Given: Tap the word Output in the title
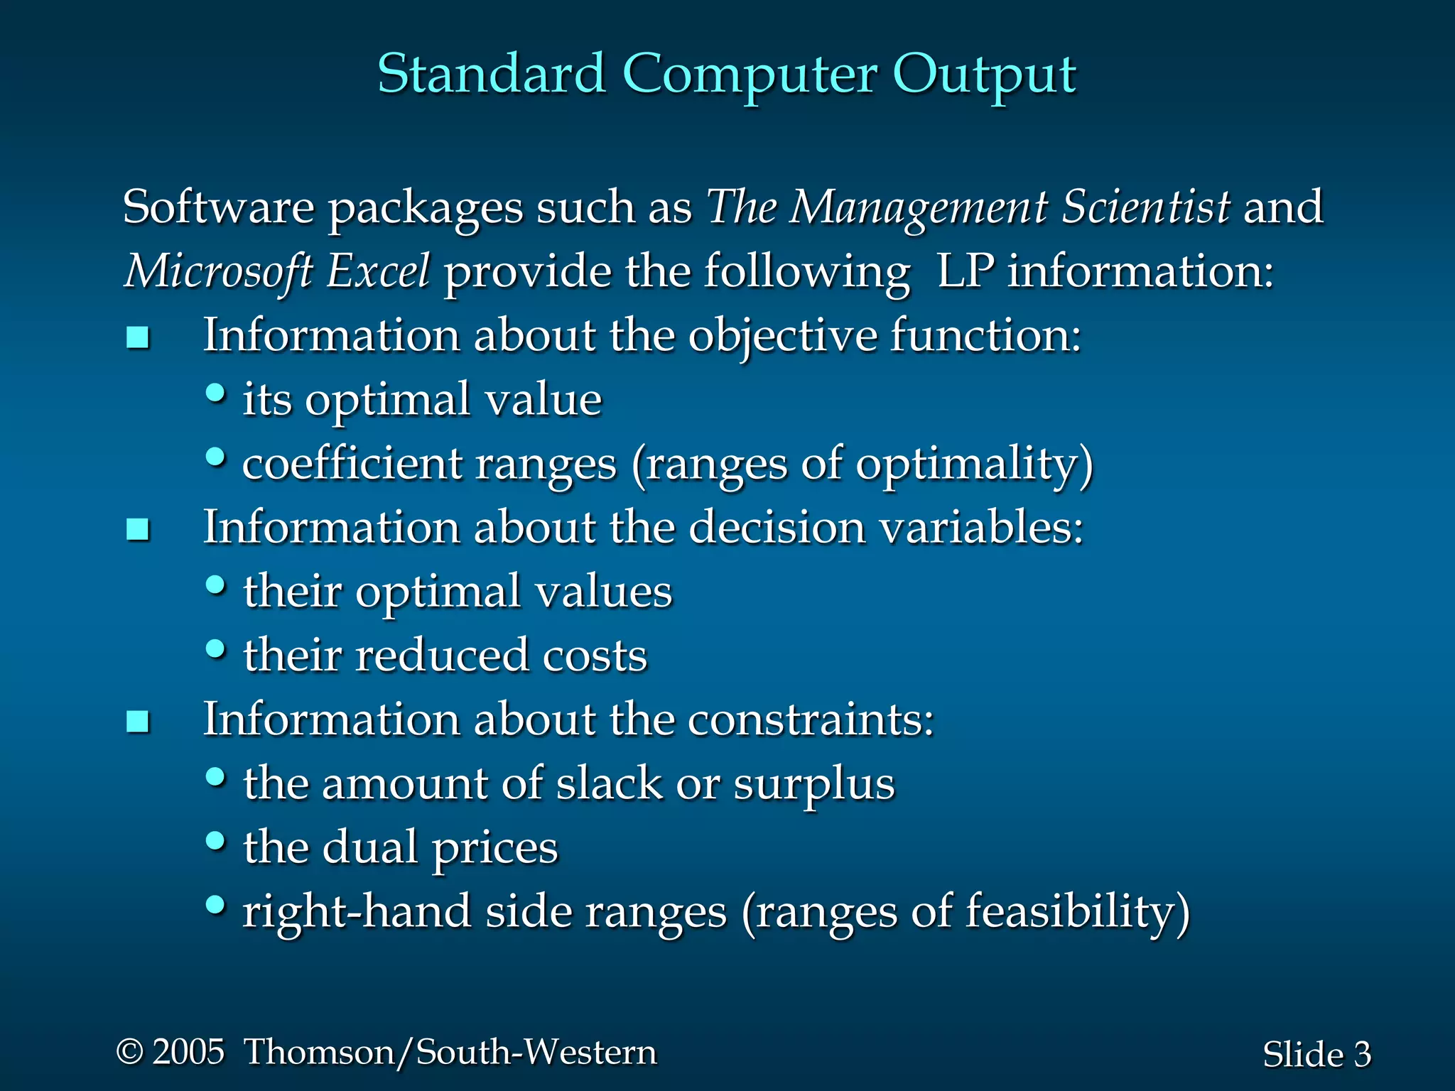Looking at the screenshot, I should pyautogui.click(x=984, y=75).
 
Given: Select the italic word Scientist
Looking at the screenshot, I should pyautogui.click(x=1145, y=207).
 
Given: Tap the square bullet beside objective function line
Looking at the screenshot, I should pyautogui.click(x=138, y=337).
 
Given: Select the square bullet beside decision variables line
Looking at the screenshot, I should pyautogui.click(x=138, y=529).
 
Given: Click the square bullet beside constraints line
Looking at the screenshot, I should pyautogui.click(x=138, y=722).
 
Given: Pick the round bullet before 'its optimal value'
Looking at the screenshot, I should pyautogui.click(x=216, y=393).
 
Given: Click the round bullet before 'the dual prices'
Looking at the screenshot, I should pyautogui.click(x=216, y=841).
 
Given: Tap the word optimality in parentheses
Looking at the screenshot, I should pyautogui.click(x=967, y=465).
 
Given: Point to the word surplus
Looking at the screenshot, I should pyautogui.click(x=813, y=785).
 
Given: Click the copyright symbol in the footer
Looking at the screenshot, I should pyautogui.click(x=130, y=1051).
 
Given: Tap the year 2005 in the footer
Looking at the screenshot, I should pyautogui.click(x=188, y=1052).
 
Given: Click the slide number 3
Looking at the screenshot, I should pyautogui.click(x=1362, y=1055).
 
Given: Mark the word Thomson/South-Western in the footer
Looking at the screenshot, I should pyautogui.click(x=450, y=1052).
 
